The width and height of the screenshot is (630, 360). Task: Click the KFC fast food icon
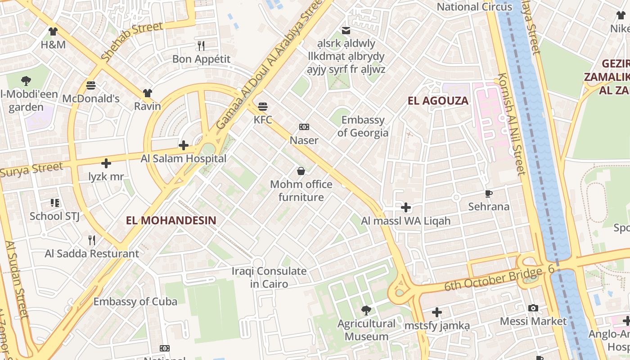263,107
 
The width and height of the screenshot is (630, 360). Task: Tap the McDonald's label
91,99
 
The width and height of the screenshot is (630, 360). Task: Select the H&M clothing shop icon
53,31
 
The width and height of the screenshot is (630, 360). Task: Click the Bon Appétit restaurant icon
201,45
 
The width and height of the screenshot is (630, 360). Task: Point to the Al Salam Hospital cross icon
184,145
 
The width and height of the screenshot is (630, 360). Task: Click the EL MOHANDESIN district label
171,220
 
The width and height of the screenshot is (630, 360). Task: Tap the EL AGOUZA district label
438,101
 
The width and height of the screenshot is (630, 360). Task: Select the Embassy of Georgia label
363,126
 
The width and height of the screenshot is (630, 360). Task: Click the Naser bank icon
304,127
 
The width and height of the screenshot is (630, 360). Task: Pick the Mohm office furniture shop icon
301,171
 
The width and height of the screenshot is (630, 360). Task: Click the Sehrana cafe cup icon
489,193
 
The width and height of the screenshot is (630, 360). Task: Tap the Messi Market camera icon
533,308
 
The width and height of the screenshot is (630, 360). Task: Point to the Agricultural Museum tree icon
366,310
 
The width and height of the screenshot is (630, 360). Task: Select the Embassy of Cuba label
135,301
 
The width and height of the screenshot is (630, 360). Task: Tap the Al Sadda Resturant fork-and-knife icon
92,240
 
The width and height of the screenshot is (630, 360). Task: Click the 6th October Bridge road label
499,279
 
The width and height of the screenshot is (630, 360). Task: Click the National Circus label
474,7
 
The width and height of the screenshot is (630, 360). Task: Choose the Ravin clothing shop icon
148,93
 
